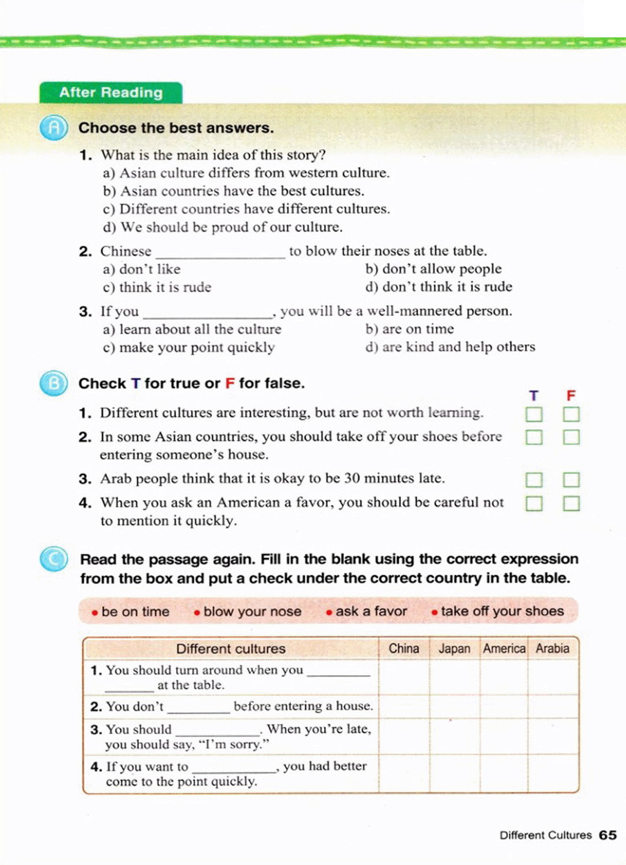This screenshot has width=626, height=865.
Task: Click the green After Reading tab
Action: point(111,92)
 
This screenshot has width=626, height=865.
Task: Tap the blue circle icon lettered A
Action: point(54,128)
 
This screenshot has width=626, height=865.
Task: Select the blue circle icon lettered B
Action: point(54,383)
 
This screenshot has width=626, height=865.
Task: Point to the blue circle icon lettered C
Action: point(54,559)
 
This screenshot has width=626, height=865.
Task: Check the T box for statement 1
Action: point(534,414)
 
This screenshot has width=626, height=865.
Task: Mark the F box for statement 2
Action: point(571,437)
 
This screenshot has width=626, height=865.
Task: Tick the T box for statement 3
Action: point(534,479)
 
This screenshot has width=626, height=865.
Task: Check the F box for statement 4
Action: point(571,503)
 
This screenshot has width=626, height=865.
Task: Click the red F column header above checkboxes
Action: point(571,396)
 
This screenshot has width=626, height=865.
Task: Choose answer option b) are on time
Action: point(410,329)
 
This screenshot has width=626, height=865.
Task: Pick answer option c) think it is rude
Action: point(157,287)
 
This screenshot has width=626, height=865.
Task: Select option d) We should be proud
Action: point(223,227)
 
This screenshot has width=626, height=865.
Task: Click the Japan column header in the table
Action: point(454,649)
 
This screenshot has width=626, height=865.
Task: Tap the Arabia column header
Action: point(552,649)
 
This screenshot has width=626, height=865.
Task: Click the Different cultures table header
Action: point(230,649)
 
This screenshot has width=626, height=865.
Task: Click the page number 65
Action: point(608,835)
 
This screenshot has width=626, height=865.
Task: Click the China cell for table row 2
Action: point(403,706)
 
